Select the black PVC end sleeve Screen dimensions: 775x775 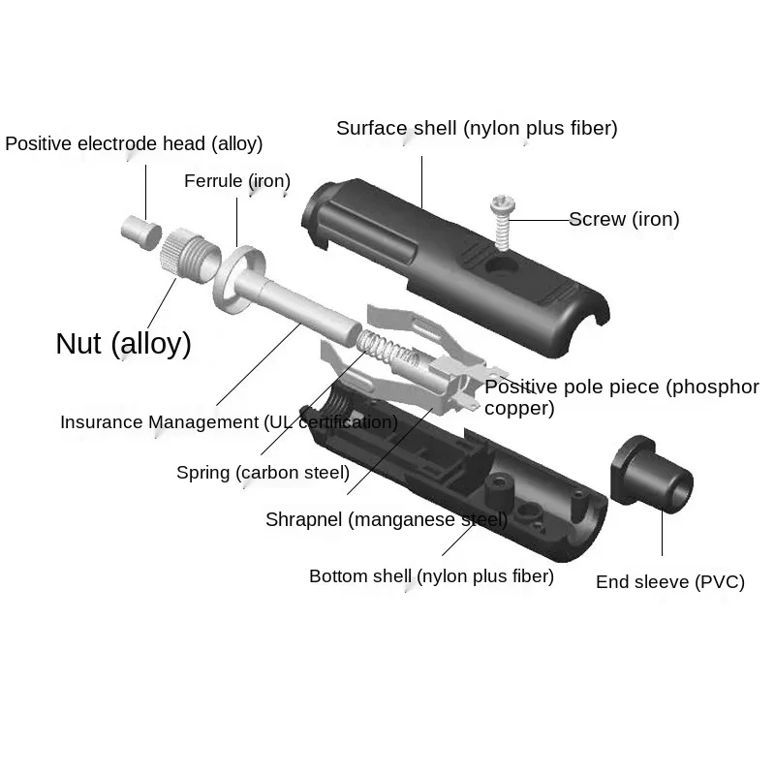click(654, 474)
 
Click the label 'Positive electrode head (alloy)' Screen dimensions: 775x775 click(134, 144)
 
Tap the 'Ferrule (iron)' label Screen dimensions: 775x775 click(237, 181)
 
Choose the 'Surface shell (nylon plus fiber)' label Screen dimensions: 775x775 click(477, 128)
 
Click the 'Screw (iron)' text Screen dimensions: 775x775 click(624, 220)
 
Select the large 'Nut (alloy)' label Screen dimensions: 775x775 click(123, 343)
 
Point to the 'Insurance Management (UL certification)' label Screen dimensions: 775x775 click(229, 422)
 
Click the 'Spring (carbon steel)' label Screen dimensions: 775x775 click(263, 473)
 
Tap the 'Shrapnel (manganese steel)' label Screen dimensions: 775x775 click(386, 520)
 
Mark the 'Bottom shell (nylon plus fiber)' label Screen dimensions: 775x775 click(431, 576)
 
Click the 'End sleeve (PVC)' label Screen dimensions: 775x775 click(669, 582)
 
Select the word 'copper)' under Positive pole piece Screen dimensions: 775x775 click(519, 409)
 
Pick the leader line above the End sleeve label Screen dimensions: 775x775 click(663, 533)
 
